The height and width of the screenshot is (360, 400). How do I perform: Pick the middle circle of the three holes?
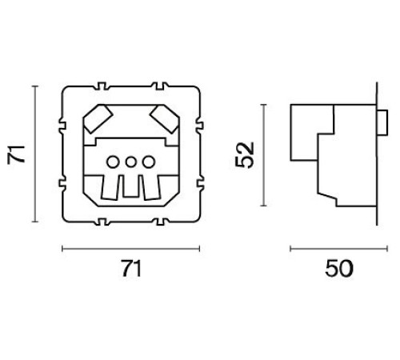click(x=130, y=162)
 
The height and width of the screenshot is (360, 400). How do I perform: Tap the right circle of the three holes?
click(x=146, y=162)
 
